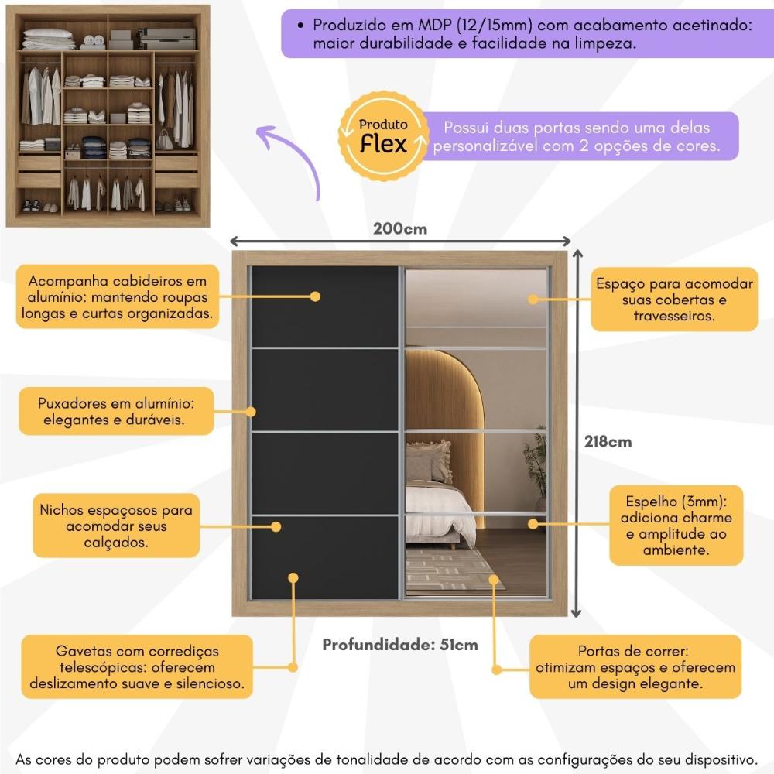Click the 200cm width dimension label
[x=399, y=228]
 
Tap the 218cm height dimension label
[x=608, y=442]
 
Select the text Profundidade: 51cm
[x=400, y=645]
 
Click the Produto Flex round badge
[x=383, y=136]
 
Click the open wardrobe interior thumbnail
[x=108, y=116]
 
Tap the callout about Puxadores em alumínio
[x=115, y=412]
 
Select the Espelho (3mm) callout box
[x=676, y=525]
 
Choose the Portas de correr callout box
[x=632, y=668]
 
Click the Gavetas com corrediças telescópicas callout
[x=137, y=668]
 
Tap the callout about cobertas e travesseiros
[x=674, y=300]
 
